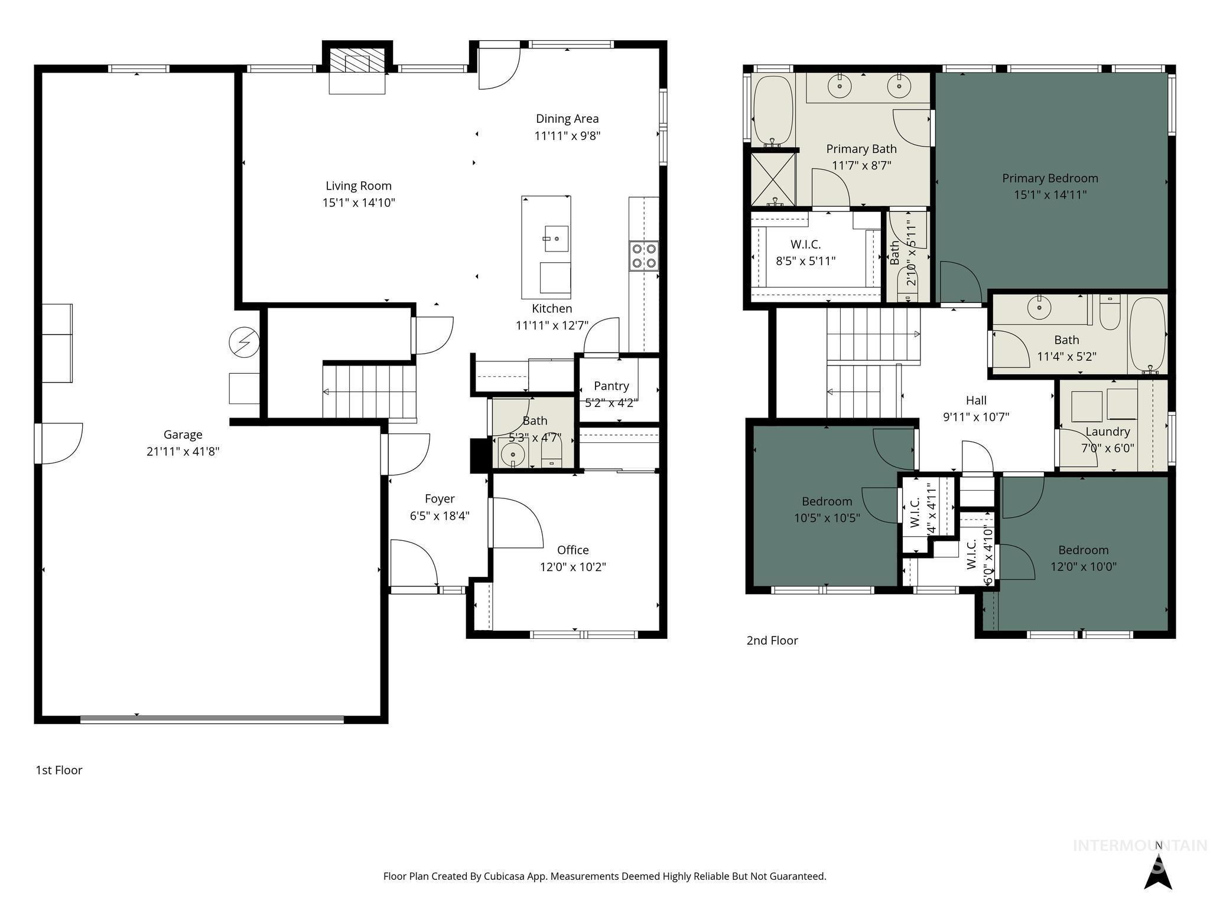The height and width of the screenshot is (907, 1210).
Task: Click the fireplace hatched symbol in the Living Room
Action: point(357,61)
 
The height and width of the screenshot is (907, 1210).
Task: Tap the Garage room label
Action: point(183,435)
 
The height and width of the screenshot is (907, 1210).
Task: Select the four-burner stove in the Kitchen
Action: point(643,256)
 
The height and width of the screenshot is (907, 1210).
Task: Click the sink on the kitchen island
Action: point(555,238)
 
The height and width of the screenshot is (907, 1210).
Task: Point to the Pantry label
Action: point(611,386)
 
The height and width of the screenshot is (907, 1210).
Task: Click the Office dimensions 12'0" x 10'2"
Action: point(573,567)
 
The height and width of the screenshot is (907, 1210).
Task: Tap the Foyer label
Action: point(440,499)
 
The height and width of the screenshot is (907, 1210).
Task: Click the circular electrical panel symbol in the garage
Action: point(244,342)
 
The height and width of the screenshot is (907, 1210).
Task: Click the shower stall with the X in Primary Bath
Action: point(773,180)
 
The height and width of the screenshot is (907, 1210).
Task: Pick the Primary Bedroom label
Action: point(1050,178)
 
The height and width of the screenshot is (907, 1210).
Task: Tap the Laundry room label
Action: point(1107,432)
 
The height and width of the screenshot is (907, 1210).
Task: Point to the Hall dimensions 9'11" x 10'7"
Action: point(975,417)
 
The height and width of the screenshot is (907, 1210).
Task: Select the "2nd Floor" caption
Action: point(772,641)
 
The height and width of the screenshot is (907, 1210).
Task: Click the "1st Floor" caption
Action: point(59,770)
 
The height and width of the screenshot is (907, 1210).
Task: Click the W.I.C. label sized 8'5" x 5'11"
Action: point(805,244)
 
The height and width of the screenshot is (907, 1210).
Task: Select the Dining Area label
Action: point(567,119)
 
